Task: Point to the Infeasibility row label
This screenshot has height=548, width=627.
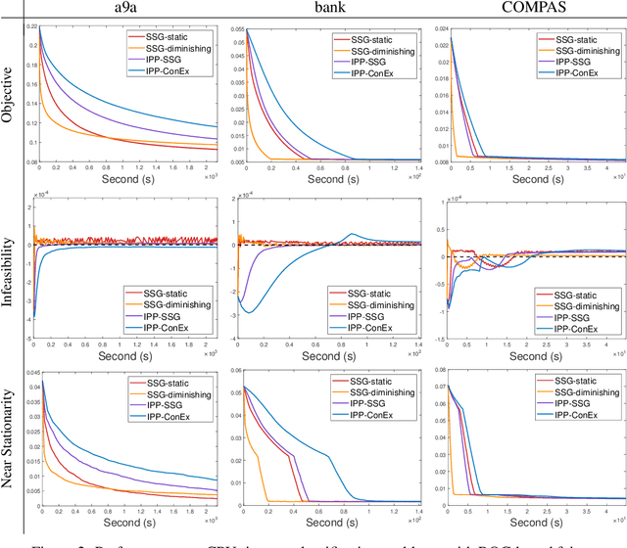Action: [x=10, y=267]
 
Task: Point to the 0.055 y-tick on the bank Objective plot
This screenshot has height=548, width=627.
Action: [x=230, y=29]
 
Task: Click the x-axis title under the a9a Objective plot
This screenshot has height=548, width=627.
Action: [x=123, y=180]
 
